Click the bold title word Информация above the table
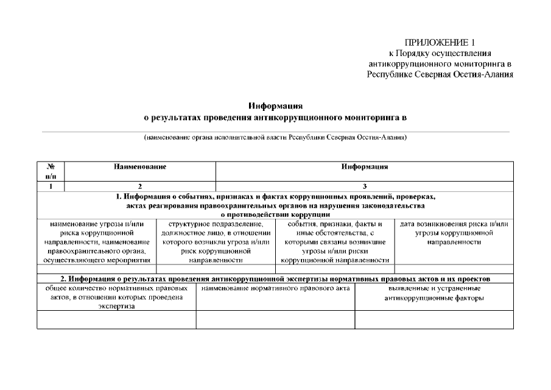[275, 105]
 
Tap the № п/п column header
[51, 171]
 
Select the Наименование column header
[140, 166]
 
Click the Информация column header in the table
[365, 166]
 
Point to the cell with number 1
[51, 186]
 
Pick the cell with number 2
[140, 186]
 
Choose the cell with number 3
[365, 186]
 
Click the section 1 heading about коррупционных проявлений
[275, 205]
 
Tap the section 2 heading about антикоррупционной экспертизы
[275, 278]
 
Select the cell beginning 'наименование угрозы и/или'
[97, 242]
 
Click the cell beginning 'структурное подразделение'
[216, 242]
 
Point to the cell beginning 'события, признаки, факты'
[335, 242]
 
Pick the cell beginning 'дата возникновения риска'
[454, 233]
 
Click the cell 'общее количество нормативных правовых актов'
[116, 297]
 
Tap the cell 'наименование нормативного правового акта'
[275, 288]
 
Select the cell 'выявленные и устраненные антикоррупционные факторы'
[434, 293]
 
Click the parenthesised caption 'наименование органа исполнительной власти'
[275, 138]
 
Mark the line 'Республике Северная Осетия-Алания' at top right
[440, 74]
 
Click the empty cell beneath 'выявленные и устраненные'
[434, 320]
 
